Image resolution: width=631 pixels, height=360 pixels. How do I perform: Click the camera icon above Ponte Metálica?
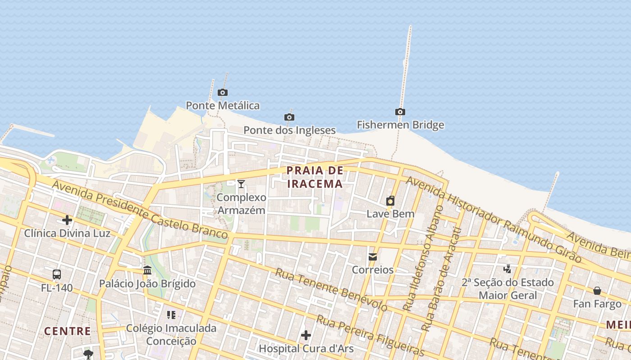click(222, 93)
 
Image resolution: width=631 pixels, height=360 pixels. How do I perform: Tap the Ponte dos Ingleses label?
click(289, 130)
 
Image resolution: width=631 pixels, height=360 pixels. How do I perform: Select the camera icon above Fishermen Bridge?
click(400, 112)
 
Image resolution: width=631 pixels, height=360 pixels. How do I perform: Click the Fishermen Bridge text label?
click(400, 125)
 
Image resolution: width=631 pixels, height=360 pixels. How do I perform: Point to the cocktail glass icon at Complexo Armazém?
click(241, 184)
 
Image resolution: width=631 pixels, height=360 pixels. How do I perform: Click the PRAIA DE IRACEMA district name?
click(315, 177)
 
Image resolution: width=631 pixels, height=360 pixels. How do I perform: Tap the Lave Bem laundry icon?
click(390, 201)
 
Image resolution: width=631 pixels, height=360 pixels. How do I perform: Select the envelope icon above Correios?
click(373, 257)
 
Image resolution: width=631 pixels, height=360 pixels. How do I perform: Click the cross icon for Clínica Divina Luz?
click(67, 220)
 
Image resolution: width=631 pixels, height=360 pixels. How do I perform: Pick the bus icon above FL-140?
click(57, 274)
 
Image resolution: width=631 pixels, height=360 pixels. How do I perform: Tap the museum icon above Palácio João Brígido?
click(147, 270)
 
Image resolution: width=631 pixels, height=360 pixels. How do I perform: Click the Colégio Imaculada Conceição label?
click(171, 334)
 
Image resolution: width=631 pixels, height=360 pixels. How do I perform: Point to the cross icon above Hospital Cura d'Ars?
click(306, 335)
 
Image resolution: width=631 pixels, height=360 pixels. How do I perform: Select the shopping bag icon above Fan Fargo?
click(597, 291)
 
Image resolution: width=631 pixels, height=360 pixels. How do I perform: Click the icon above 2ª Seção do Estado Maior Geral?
click(508, 269)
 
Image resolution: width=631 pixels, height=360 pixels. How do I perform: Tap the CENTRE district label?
click(67, 331)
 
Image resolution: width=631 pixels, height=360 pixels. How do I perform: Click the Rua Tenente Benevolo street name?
click(331, 290)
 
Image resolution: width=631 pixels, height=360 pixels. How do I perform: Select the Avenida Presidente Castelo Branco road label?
click(140, 210)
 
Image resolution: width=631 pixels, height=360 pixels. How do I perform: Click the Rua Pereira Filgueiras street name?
click(370, 336)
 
